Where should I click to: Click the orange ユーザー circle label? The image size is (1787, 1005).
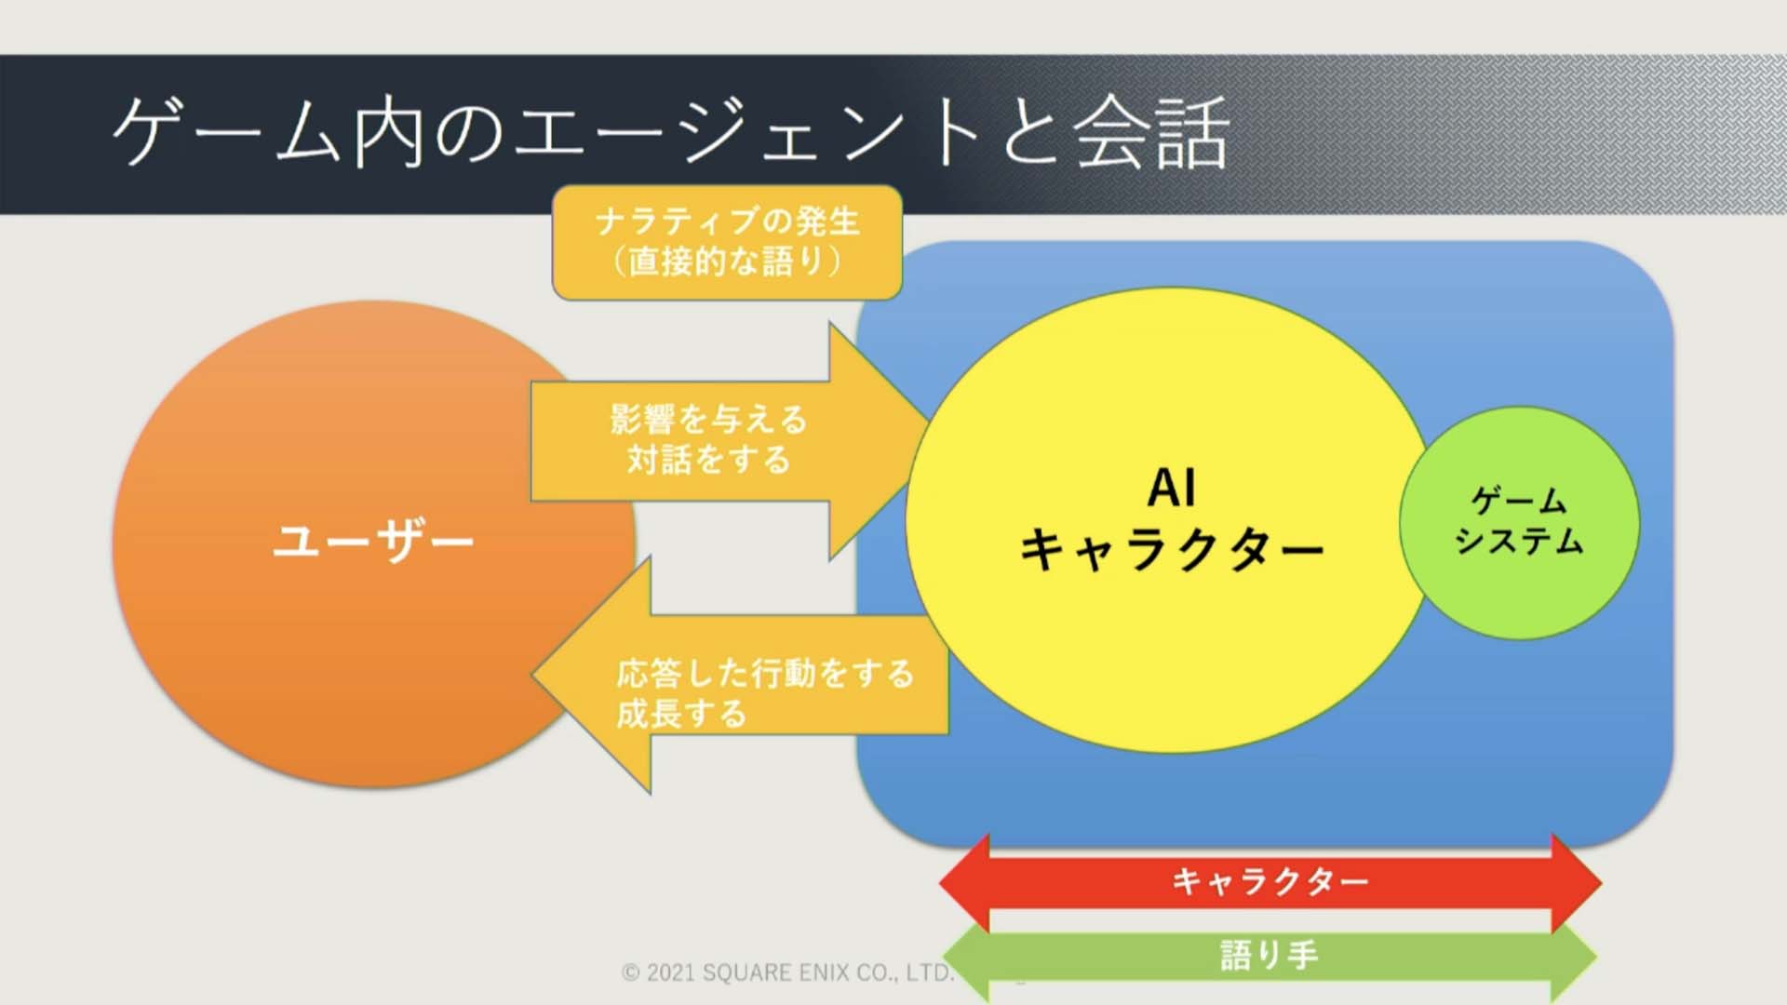373,542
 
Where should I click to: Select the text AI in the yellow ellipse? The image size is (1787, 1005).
1172,488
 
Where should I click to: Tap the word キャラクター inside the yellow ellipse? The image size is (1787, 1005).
1172,549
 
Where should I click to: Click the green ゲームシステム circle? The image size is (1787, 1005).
1519,522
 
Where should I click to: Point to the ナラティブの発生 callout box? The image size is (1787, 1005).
727,242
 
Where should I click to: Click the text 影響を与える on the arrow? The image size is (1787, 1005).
708,419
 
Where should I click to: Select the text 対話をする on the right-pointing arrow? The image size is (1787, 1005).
708,460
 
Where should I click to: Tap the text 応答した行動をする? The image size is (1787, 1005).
765,673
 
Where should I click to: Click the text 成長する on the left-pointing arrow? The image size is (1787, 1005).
681,714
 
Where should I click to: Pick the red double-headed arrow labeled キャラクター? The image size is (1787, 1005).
1270,882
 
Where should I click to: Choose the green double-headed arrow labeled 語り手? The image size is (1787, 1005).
1270,958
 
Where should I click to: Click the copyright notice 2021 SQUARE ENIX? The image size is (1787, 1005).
788,973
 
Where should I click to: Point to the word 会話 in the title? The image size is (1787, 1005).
1152,134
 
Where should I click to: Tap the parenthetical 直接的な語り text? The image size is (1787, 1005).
727,261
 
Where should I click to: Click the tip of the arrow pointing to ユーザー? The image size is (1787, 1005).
532,674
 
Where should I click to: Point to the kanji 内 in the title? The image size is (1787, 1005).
389,134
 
